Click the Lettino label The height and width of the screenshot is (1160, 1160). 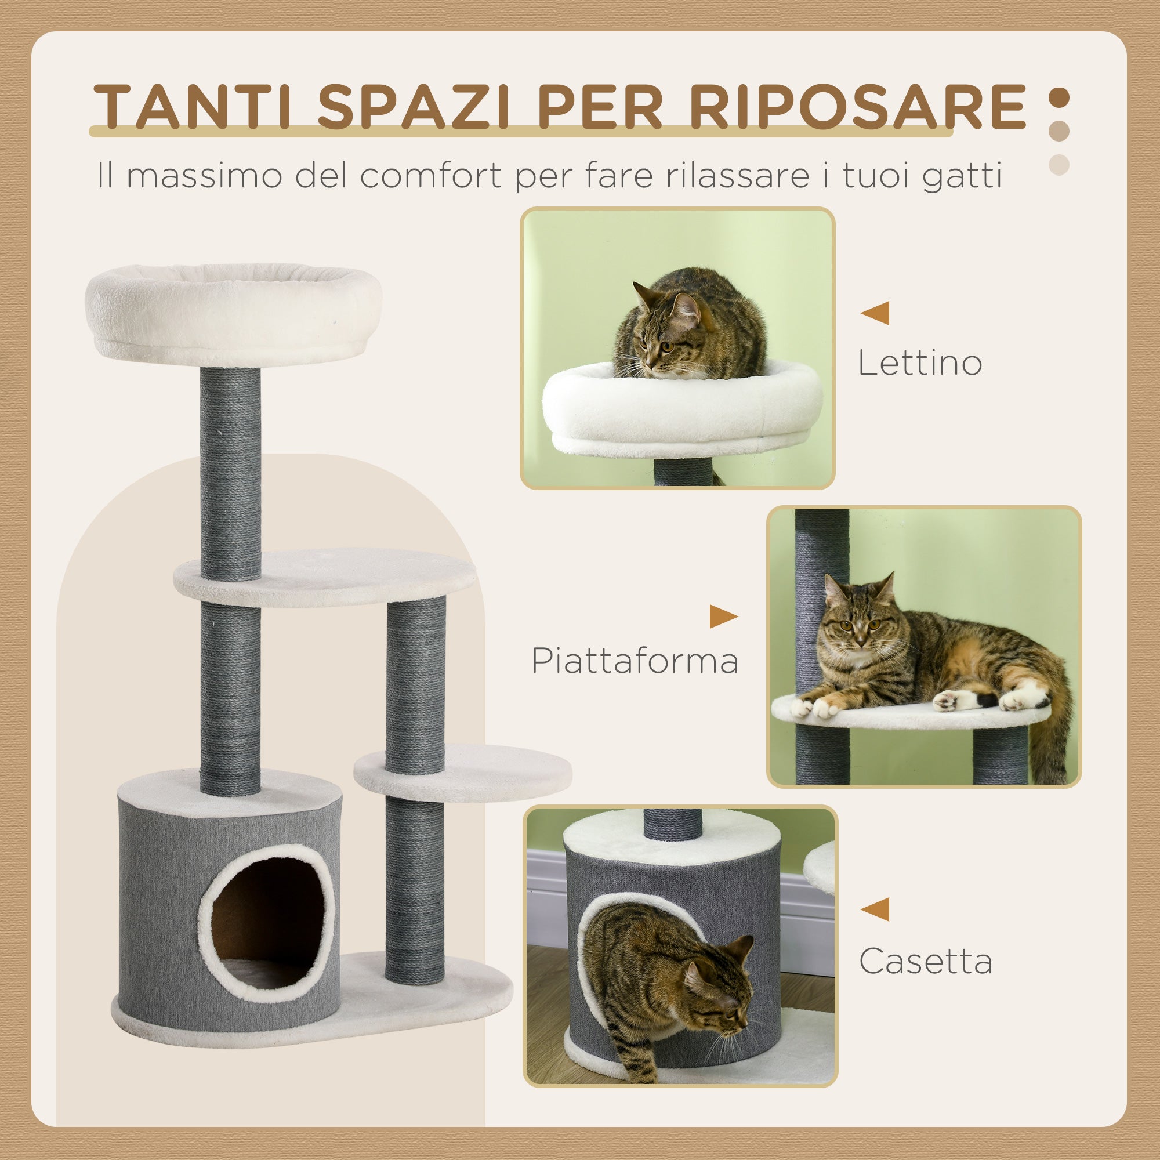[x=919, y=363]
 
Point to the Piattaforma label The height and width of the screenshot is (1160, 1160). [x=635, y=661]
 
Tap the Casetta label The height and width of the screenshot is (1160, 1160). [x=925, y=961]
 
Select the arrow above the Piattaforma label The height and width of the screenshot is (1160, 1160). [x=723, y=617]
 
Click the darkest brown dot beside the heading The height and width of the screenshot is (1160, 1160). [x=1059, y=98]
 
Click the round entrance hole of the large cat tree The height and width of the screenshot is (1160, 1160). [x=267, y=920]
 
